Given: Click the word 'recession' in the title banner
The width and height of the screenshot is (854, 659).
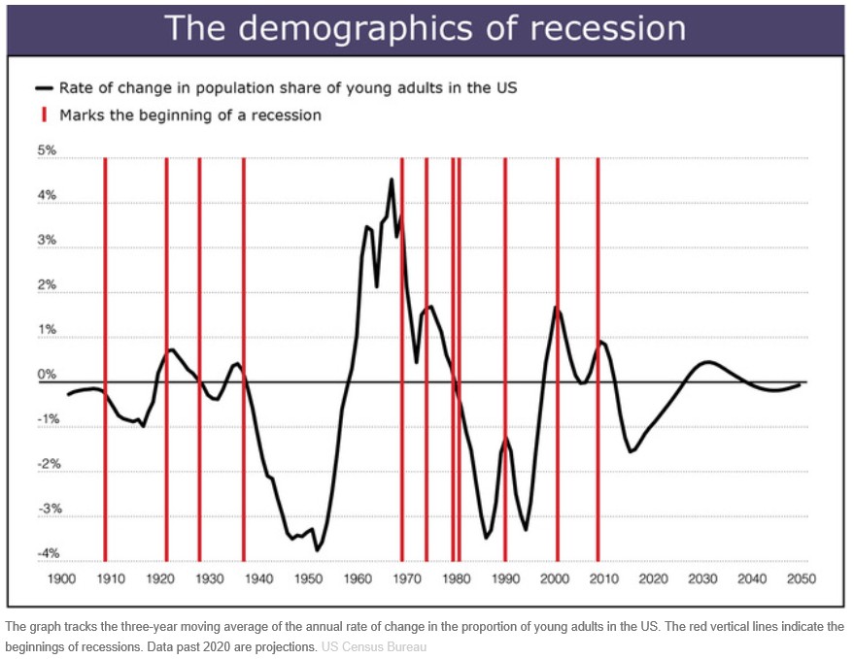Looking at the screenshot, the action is click(607, 28).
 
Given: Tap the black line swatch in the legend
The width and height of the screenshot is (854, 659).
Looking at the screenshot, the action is click(44, 88).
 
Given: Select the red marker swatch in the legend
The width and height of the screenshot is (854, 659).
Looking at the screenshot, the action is click(44, 115).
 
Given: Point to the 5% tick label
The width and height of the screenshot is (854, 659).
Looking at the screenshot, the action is click(47, 150).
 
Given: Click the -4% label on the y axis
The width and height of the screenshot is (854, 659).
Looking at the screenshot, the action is click(48, 553).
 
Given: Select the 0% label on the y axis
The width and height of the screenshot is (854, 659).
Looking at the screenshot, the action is click(47, 375).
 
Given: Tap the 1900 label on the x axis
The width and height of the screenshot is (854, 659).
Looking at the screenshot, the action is click(61, 578).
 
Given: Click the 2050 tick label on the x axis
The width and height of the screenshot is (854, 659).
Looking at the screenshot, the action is click(802, 578).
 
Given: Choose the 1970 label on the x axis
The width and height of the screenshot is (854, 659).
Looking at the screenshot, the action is click(407, 578).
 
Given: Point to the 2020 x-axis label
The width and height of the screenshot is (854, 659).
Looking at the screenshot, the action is click(653, 578).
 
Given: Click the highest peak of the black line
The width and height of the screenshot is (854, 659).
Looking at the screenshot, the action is click(392, 180).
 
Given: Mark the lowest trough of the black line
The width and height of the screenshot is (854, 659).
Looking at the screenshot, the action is click(317, 550).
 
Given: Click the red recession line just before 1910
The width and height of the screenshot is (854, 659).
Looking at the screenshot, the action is click(106, 359).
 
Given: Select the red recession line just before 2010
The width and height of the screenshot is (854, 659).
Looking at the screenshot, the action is click(598, 359).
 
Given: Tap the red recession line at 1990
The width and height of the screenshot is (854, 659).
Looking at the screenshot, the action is click(505, 359).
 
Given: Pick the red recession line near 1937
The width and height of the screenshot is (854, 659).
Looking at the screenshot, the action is click(244, 359).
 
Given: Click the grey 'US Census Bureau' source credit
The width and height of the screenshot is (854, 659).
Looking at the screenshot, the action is click(374, 647).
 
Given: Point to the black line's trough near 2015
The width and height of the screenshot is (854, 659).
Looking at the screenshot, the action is click(631, 451).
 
